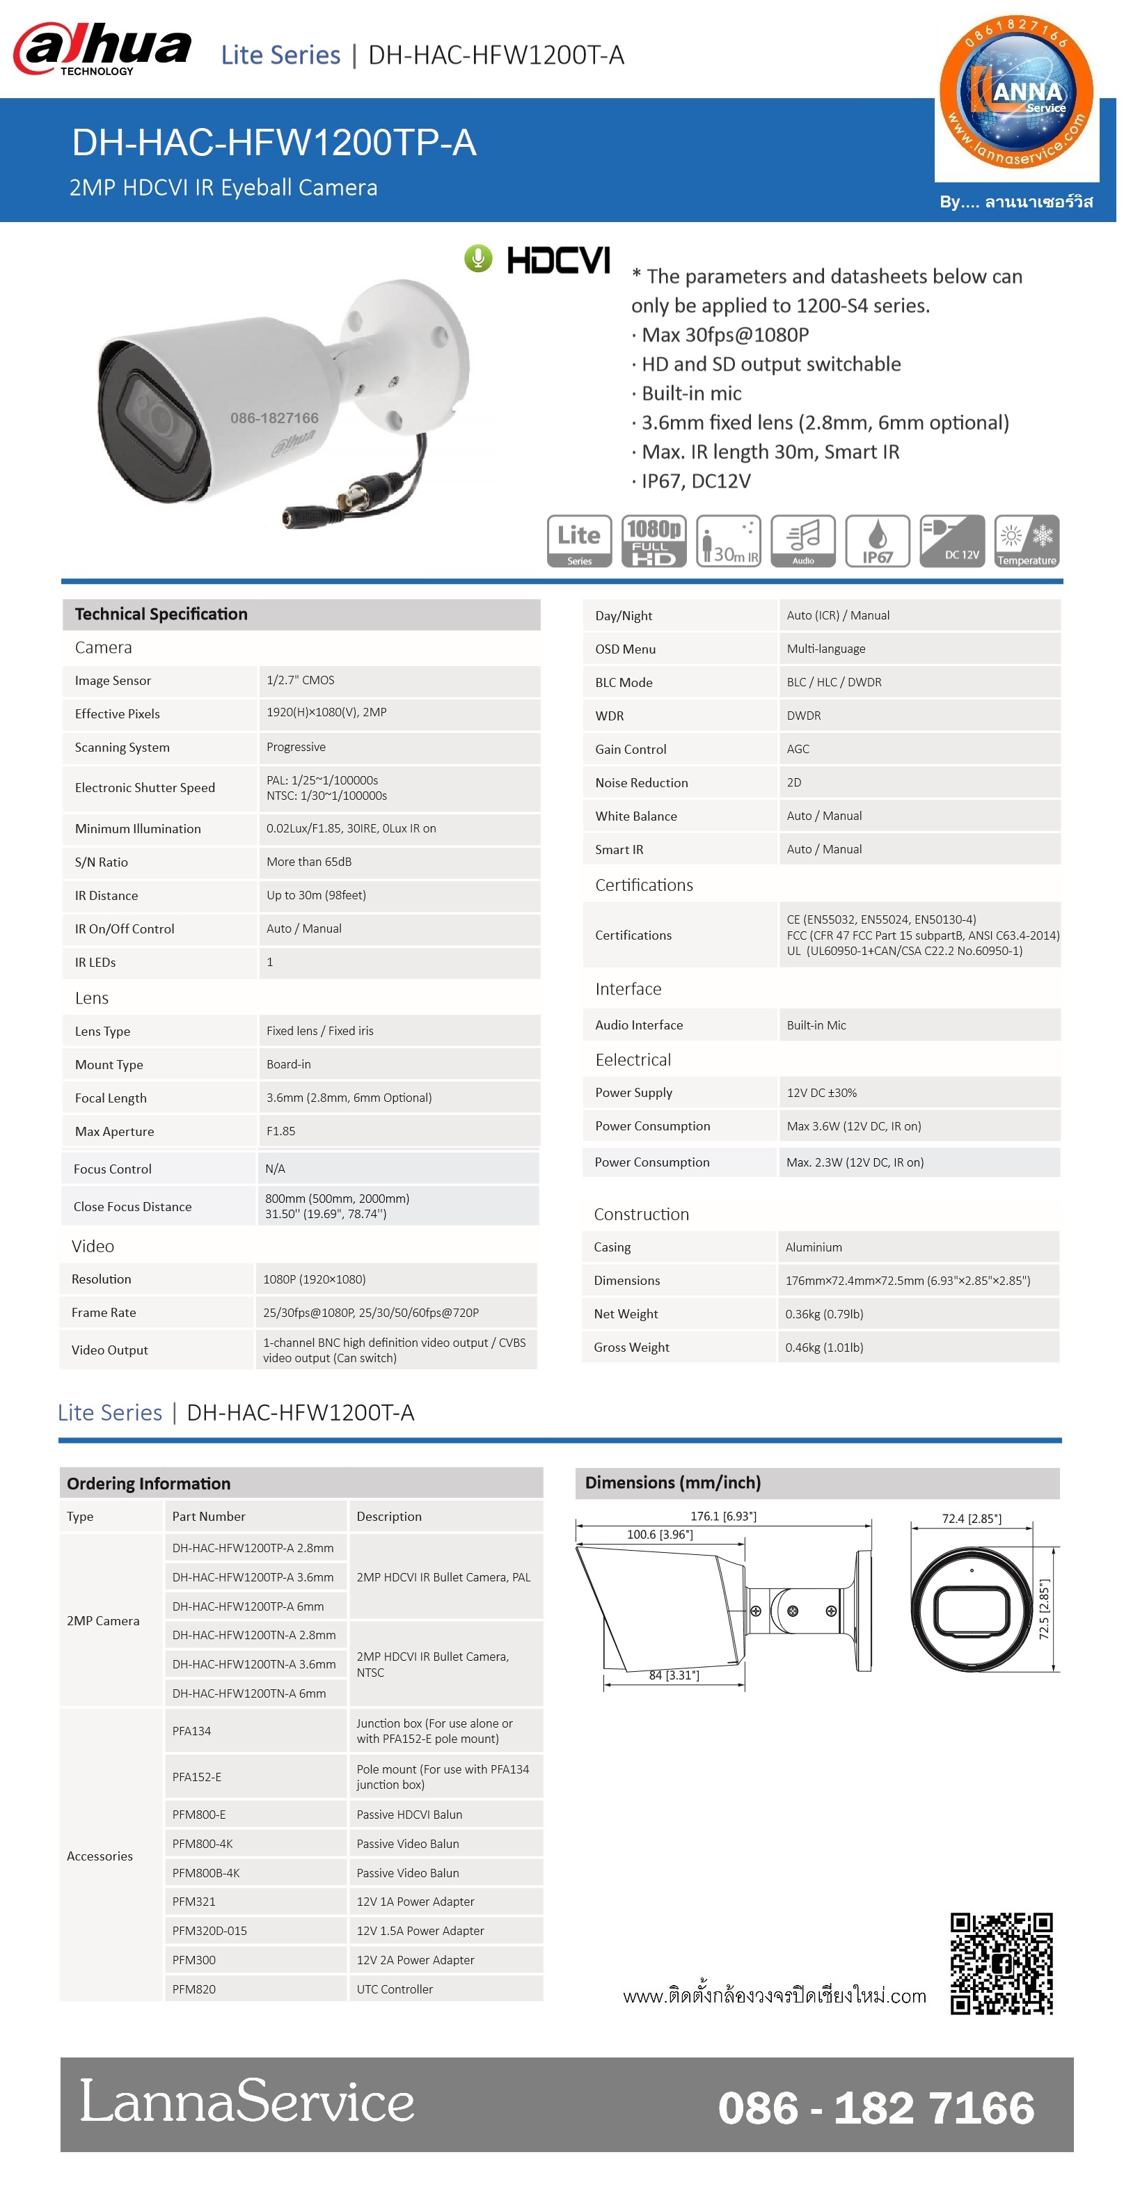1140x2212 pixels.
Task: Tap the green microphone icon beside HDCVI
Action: point(478,258)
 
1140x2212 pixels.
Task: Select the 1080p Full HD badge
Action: point(654,541)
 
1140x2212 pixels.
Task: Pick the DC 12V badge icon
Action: point(951,541)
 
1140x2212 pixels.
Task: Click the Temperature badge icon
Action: point(1026,541)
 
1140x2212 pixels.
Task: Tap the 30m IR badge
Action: point(728,541)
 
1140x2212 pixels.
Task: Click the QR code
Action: point(1001,1963)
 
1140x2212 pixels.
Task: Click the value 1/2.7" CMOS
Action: point(301,680)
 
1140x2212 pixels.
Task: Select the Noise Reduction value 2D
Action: point(794,782)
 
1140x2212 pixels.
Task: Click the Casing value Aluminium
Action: point(813,1247)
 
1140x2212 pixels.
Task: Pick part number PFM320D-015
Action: point(209,1930)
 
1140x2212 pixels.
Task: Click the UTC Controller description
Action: point(395,1989)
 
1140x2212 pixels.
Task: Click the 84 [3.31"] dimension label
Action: point(674,1675)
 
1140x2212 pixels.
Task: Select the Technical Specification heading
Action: point(161,614)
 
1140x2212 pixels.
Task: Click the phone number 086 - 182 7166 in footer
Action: point(876,2108)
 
